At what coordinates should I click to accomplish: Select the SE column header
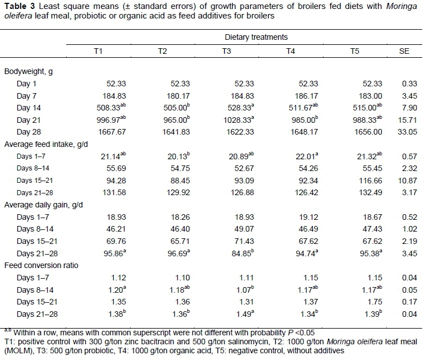click(x=404, y=52)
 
